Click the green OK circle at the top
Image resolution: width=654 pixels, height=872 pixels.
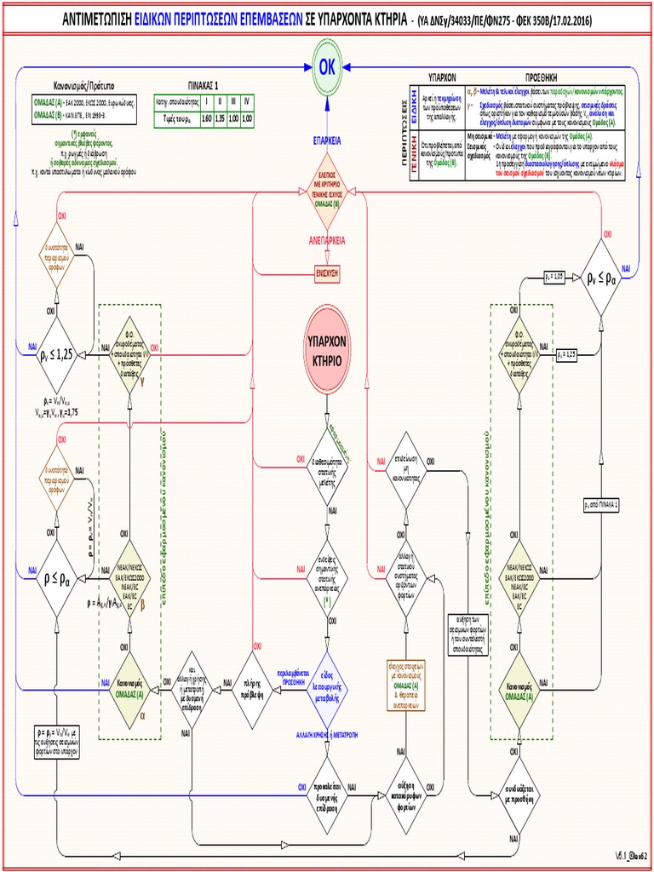click(x=327, y=68)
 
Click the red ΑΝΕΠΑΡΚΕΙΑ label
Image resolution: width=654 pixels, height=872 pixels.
click(x=327, y=240)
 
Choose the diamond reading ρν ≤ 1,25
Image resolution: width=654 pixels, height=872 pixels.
click(x=56, y=353)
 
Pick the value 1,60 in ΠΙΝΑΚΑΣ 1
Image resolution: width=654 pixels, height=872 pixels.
click(x=206, y=118)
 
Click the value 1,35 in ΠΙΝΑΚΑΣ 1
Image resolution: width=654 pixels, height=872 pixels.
click(x=220, y=118)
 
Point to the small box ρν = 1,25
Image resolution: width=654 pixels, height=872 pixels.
click(x=566, y=353)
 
